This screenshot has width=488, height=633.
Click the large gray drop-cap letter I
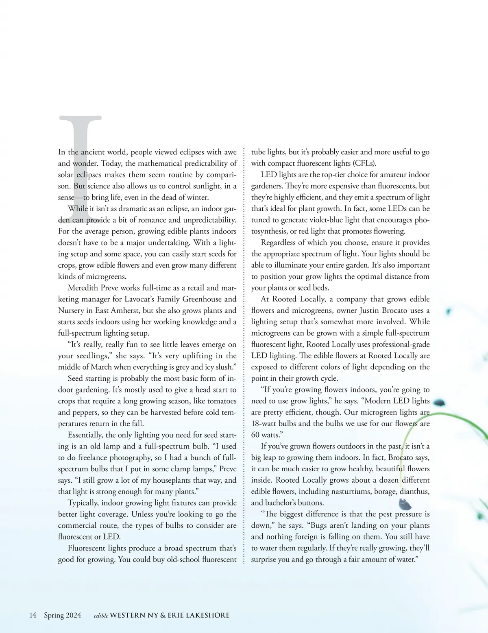pos(81,163)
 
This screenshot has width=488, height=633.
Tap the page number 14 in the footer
pos(33,615)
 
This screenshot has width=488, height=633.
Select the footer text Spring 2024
pos(62,615)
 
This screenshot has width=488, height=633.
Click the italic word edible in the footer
pos(101,616)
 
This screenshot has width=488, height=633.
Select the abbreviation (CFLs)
pos(364,163)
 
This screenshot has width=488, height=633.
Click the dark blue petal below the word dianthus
pos(405,505)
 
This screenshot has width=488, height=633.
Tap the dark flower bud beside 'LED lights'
pos(439,403)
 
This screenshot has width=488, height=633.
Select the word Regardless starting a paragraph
pos(279,243)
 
